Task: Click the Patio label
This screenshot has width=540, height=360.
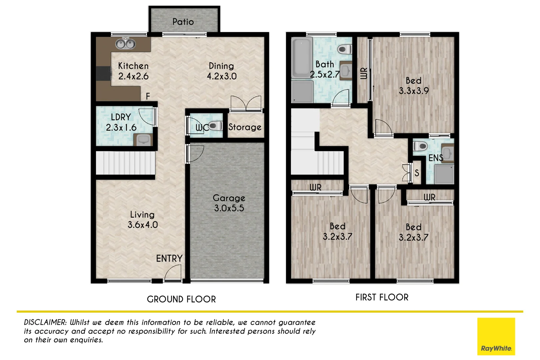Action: click(183, 22)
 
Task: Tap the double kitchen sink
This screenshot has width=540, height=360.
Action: click(126, 44)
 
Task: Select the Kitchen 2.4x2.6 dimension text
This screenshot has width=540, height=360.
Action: click(133, 76)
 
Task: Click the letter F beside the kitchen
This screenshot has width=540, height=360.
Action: click(148, 96)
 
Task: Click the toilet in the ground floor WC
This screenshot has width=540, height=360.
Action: click(216, 126)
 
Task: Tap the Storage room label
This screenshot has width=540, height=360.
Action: click(245, 127)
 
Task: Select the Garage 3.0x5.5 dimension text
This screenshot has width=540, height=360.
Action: click(229, 208)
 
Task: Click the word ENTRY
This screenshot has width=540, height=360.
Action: click(169, 259)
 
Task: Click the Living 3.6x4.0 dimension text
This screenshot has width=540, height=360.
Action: click(143, 225)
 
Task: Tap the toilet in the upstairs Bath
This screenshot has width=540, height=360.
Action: click(344, 50)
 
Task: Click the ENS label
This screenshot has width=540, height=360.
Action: click(436, 158)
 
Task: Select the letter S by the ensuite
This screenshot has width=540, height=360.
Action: click(417, 173)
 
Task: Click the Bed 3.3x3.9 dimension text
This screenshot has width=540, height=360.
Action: click(414, 91)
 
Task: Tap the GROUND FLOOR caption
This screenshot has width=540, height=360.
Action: click(181, 299)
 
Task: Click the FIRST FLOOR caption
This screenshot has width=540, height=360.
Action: click(382, 297)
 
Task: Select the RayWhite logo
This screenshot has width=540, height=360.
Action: click(496, 337)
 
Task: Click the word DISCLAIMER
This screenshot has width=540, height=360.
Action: click(45, 322)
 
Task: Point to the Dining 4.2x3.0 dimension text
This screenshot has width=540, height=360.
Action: click(222, 76)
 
